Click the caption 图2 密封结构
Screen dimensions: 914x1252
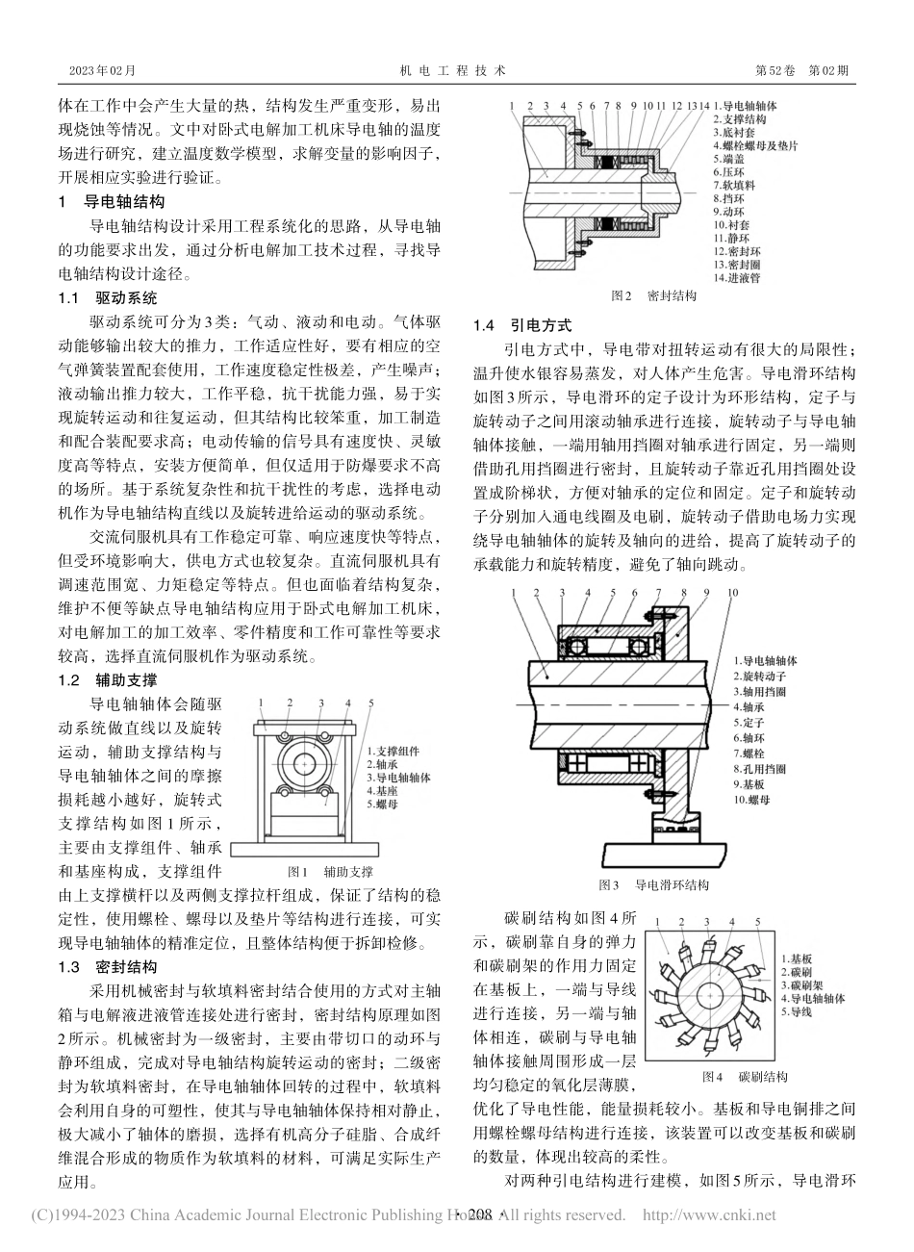point(653,296)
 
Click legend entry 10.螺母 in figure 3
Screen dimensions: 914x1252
point(755,800)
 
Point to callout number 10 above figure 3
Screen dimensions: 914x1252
point(734,594)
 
